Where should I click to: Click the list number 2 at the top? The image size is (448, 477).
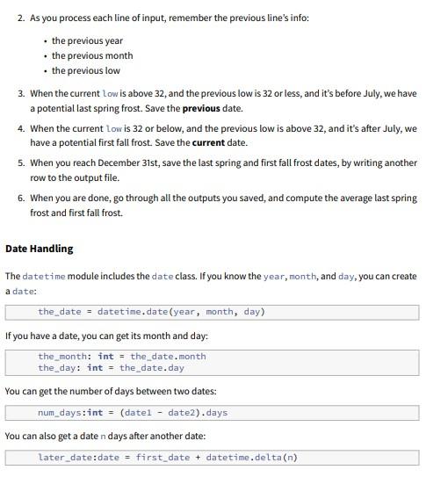[x=20, y=18]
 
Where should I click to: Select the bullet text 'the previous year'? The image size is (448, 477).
[x=87, y=40]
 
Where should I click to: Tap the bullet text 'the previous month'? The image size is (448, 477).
[x=91, y=55]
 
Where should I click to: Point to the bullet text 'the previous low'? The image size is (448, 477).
[x=86, y=70]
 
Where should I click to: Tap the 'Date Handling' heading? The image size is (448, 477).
[x=40, y=249]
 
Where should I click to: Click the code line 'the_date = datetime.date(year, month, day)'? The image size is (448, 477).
[x=151, y=311]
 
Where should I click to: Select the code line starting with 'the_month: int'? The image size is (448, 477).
[x=121, y=356]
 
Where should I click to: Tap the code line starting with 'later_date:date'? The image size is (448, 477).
[x=167, y=457]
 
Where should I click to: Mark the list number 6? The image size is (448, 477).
[x=20, y=197]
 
